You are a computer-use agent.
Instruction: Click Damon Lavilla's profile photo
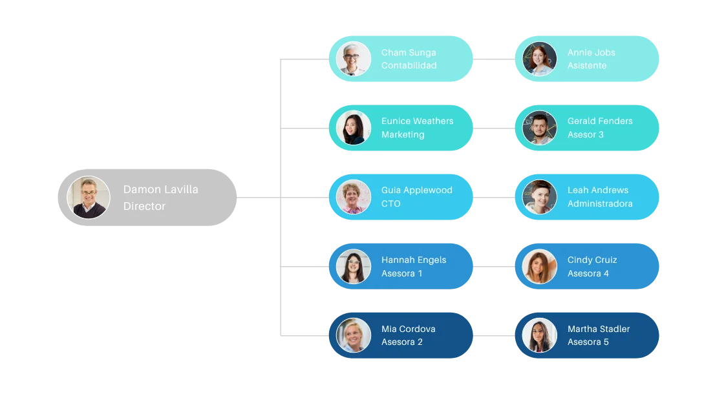tap(89, 198)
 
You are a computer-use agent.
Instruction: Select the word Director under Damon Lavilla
tap(144, 207)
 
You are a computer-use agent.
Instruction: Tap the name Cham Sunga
tap(409, 52)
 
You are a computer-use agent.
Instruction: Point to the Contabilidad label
tap(409, 66)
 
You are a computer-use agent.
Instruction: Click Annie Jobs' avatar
tap(539, 59)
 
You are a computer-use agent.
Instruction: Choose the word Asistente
tap(587, 66)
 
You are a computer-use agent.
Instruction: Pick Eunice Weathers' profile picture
tap(354, 128)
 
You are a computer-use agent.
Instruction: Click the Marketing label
tap(403, 135)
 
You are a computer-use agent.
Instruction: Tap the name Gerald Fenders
tap(600, 121)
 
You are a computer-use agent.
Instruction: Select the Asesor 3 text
tap(586, 135)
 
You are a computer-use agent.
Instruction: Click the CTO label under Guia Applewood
tap(391, 204)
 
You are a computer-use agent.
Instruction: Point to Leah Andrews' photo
tap(539, 197)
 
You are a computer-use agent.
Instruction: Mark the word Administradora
tap(600, 204)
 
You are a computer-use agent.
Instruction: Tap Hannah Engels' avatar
tap(354, 266)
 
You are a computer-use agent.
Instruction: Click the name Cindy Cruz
tap(592, 260)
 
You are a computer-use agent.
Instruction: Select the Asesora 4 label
tap(588, 274)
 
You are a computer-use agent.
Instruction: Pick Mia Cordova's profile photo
tap(354, 335)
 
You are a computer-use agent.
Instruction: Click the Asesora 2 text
tap(402, 342)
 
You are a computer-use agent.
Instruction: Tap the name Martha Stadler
tap(599, 329)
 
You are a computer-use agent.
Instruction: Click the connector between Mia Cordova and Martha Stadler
tap(495, 336)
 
